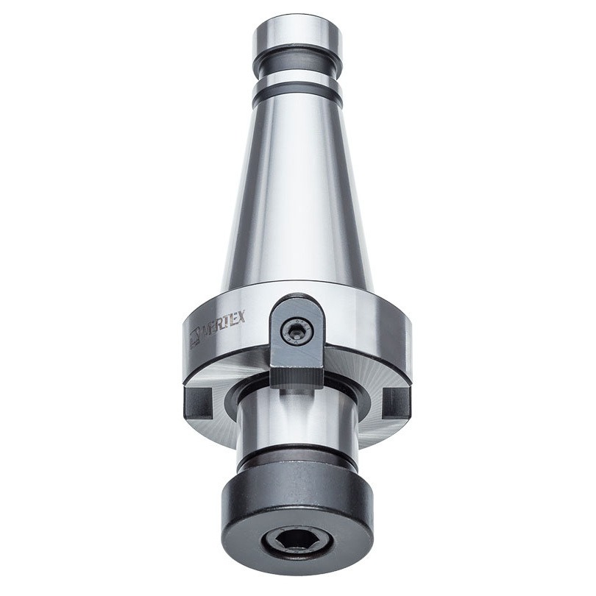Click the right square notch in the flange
[397, 402]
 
